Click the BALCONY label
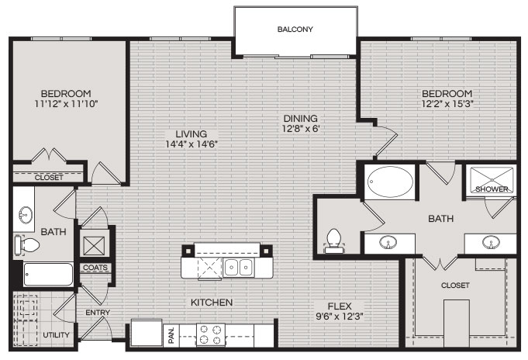(x=295, y=29)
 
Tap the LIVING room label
(x=192, y=133)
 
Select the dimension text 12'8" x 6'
(x=301, y=129)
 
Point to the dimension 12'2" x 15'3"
(x=447, y=104)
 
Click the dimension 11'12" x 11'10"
(x=66, y=104)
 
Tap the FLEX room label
(x=340, y=306)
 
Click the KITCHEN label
(x=212, y=303)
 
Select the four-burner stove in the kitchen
(x=211, y=334)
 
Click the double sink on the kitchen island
(x=239, y=268)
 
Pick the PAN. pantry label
(x=171, y=335)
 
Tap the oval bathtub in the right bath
(x=390, y=182)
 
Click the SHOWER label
(x=492, y=189)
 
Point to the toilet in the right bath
(x=333, y=241)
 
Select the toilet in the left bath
(x=27, y=244)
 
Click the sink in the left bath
(x=25, y=214)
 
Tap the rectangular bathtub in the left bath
(x=48, y=275)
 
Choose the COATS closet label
(x=95, y=268)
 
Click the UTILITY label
(x=57, y=335)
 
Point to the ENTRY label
(x=98, y=313)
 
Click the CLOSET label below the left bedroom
(x=49, y=178)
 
